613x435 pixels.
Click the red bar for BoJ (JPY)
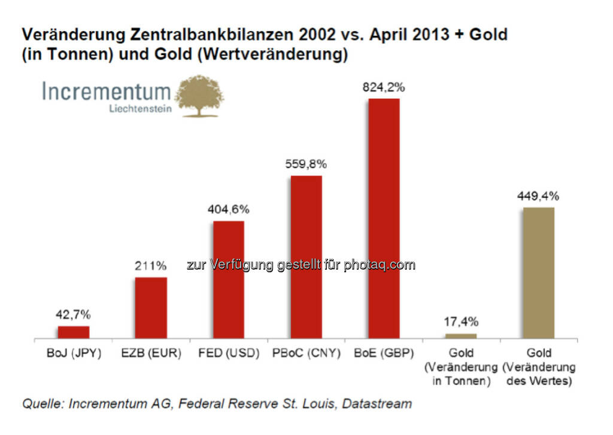tap(73, 332)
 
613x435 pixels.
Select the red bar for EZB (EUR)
tap(151, 308)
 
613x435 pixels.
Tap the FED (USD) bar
tap(229, 280)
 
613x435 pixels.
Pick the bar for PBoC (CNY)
tap(306, 257)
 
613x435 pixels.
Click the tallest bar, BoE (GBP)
tap(384, 218)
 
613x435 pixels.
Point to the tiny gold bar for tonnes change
tap(461, 336)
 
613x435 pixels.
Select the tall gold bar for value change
tap(539, 273)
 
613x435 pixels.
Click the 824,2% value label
tap(384, 87)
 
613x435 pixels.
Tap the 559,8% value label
tap(306, 165)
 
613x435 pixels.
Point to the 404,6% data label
tap(229, 210)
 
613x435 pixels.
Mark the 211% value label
tap(151, 266)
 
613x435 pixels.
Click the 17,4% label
tap(461, 323)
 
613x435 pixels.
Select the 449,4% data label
tap(539, 196)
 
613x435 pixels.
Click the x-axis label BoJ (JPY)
tap(73, 354)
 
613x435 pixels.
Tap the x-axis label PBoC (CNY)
tap(306, 354)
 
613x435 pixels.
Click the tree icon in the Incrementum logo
tap(199, 96)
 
